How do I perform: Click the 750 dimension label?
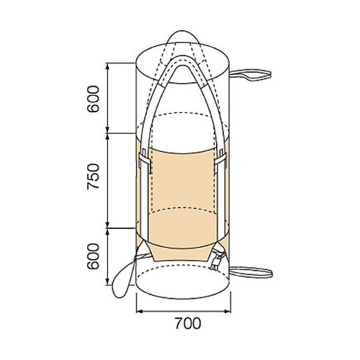(93, 176)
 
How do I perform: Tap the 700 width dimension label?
(188, 323)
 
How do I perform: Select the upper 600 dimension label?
(93, 99)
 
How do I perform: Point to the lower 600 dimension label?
(93, 256)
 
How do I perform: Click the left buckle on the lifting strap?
(145, 161)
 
